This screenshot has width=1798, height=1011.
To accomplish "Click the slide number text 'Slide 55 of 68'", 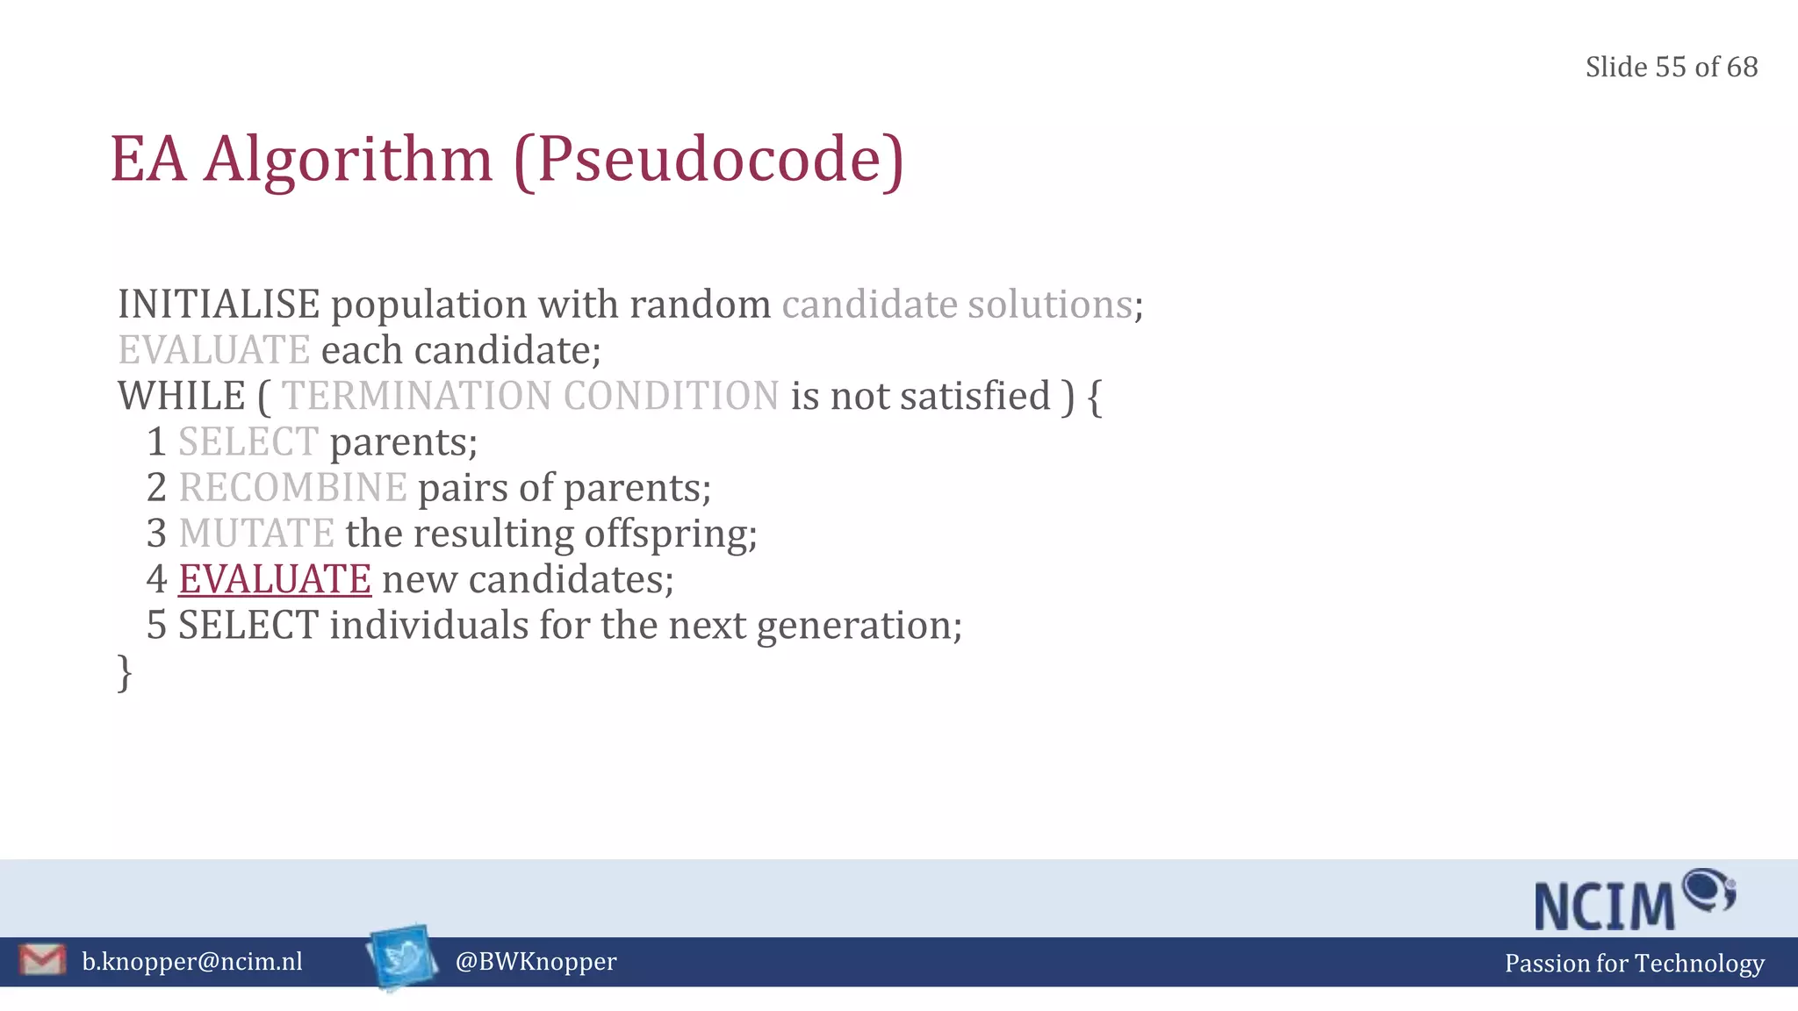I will point(1671,68).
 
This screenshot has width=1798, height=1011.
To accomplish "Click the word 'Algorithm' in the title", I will point(348,160).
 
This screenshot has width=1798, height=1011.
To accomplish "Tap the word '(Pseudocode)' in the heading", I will point(708,160).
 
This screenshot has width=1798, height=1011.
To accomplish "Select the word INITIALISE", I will point(219,305).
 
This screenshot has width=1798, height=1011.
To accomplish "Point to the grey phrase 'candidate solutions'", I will point(957,305).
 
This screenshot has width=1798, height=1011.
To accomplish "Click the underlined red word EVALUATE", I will point(275,579).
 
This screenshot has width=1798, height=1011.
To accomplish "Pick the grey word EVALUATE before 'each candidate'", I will point(214,350).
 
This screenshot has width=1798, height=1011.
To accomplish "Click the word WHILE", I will point(182,396).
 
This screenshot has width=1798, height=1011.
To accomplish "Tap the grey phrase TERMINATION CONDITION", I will point(530,396).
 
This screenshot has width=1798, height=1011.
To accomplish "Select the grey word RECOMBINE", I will point(292,488).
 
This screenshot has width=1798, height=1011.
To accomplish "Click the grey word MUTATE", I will point(256,534).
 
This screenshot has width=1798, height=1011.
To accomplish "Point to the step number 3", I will point(157,534).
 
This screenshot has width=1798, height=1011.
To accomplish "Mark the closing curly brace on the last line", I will point(125,672).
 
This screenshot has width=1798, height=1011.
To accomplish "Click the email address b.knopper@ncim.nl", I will point(192,962).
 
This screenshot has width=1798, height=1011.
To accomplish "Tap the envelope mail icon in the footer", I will point(42,959).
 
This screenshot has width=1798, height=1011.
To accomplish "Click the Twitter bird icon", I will point(402,957).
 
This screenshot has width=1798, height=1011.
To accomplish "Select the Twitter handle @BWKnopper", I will point(536,962).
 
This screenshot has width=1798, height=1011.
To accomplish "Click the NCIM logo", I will point(1633,900).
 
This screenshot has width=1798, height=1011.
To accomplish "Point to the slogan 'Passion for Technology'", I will point(1634,964).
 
